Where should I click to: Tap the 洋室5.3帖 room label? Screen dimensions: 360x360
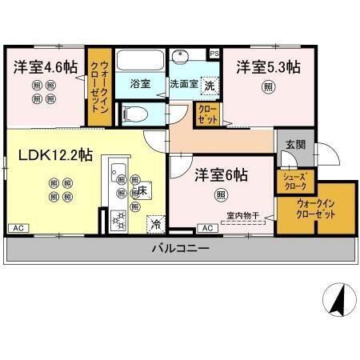point(268,68)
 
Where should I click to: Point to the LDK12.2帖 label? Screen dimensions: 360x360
point(50,154)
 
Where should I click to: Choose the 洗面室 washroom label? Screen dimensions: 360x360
point(183,82)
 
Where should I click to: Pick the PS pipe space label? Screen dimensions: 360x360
point(214,54)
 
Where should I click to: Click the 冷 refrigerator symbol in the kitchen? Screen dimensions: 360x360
point(154,223)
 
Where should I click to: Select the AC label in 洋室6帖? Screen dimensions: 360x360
point(207,229)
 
